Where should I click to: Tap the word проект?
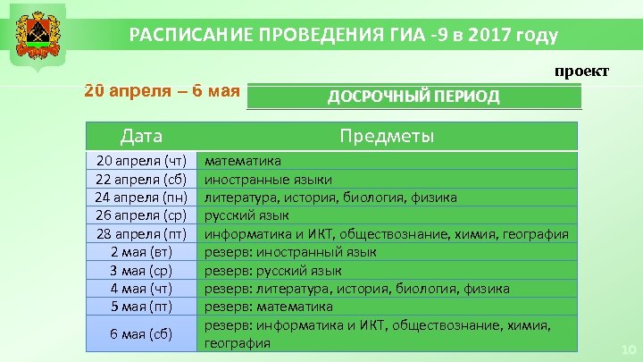coord(581,71)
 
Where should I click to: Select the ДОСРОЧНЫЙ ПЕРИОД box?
coord(413,97)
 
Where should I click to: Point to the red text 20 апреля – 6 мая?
coord(162,92)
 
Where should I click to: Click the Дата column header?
coord(141,136)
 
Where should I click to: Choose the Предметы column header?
coord(387,136)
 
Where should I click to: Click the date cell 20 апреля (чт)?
coord(141,161)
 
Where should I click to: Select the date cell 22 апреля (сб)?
coord(141,179)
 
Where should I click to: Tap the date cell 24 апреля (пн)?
coord(141,198)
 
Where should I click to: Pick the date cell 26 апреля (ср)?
coord(141,215)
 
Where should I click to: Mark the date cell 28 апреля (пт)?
coord(141,234)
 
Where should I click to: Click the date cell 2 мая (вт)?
coord(141,252)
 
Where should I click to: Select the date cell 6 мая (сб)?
coord(141,333)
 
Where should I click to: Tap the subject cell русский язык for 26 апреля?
coord(247,215)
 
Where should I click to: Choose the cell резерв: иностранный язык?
coord(290,252)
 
